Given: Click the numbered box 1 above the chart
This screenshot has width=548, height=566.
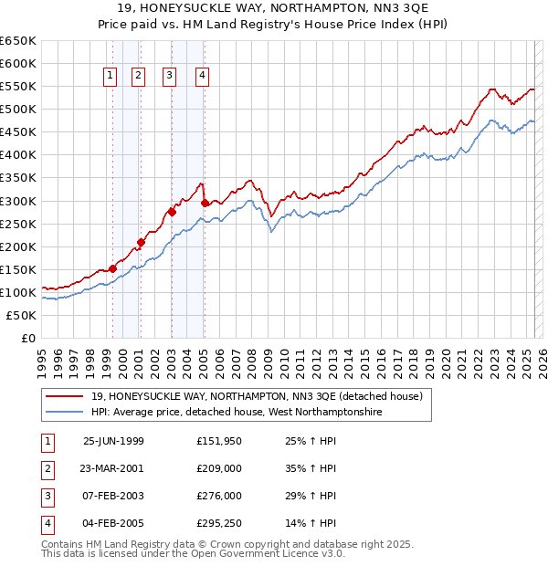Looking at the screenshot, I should tap(110, 77).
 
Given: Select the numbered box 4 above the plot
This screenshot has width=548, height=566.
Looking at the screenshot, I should tap(201, 77).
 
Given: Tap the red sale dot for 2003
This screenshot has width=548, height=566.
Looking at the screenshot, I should tap(172, 212).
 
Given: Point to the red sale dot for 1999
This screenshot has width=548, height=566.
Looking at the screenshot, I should tap(112, 268).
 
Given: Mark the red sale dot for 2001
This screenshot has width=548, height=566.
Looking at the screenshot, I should tap(141, 242).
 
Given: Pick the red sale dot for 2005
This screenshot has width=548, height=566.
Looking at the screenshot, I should tap(205, 203).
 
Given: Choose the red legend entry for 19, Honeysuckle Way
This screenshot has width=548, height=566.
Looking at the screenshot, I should tap(256, 397).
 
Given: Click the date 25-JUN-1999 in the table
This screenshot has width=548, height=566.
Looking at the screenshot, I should tap(113, 441).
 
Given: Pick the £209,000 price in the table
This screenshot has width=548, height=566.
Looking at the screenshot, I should tap(219, 468).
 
